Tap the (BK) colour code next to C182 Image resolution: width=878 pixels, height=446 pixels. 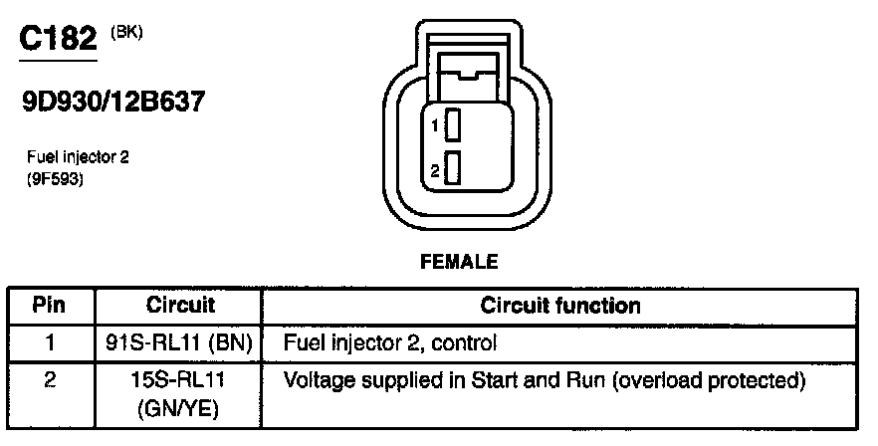tap(125, 32)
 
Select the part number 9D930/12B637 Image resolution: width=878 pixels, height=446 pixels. tap(112, 103)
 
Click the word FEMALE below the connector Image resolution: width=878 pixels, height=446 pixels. tap(459, 263)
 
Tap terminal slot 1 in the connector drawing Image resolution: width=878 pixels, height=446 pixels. tap(453, 126)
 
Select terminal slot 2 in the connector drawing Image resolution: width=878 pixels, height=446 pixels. tap(453, 170)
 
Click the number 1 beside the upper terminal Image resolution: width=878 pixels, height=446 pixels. tap(435, 127)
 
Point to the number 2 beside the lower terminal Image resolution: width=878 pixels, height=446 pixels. tap(435, 171)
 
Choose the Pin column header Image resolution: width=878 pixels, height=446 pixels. tap(50, 304)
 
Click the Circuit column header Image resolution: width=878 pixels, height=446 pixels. tap(180, 304)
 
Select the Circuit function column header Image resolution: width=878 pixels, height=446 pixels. tap(559, 304)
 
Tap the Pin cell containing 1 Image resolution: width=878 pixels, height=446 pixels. tap(50, 343)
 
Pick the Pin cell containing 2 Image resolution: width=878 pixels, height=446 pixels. tap(50, 381)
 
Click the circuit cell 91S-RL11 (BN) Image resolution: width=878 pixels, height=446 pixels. tap(180, 343)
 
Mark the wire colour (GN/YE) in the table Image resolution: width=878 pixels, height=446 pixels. tap(180, 408)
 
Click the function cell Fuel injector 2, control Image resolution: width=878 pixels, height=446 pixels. tap(390, 343)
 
